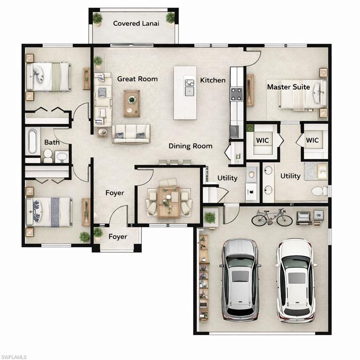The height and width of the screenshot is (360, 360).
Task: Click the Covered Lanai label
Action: [136, 23]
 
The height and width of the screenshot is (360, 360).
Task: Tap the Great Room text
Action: [137, 79]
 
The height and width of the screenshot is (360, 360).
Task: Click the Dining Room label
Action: [190, 146]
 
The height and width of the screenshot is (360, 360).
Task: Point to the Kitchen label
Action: [213, 80]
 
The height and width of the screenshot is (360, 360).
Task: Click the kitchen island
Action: [185, 92]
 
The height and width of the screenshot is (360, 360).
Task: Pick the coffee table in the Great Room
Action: [132, 103]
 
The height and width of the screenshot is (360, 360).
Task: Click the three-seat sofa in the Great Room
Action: [131, 134]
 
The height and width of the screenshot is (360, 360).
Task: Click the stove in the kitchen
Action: [237, 94]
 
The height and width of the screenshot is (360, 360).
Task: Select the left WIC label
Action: [262, 140]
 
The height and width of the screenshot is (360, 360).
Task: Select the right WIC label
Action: [312, 140]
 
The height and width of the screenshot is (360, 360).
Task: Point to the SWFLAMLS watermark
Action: [14, 357]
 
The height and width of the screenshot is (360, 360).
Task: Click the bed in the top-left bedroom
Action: [48, 77]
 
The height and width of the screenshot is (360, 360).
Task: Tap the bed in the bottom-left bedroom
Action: [49, 211]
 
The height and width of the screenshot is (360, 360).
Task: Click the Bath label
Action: [52, 142]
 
